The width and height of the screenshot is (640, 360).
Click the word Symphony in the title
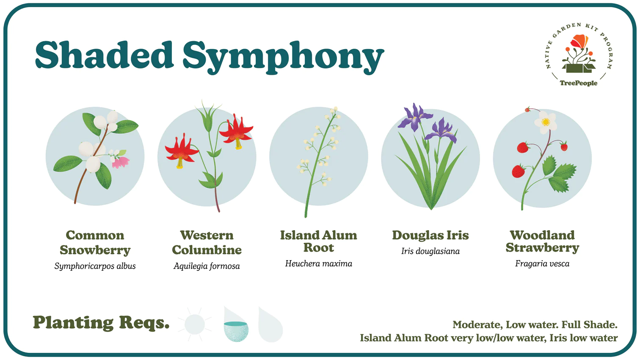(x=284, y=57)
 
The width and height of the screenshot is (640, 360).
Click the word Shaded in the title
(x=104, y=55)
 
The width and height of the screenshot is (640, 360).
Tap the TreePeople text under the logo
(x=578, y=83)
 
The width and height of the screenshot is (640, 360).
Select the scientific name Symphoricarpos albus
(x=95, y=266)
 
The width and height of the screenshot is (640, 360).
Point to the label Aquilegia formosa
(x=207, y=266)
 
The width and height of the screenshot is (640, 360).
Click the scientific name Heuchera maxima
(x=319, y=263)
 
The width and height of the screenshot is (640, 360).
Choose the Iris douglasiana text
(x=430, y=251)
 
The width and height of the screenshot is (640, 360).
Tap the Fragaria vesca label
(x=542, y=263)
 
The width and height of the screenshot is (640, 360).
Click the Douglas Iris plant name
(x=430, y=235)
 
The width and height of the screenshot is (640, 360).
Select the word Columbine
(x=207, y=250)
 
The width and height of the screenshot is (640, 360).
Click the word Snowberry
(x=95, y=250)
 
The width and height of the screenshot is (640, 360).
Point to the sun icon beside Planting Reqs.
(x=195, y=324)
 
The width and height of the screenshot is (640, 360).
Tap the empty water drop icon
(x=270, y=325)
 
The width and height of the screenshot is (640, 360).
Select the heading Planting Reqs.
(x=101, y=323)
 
